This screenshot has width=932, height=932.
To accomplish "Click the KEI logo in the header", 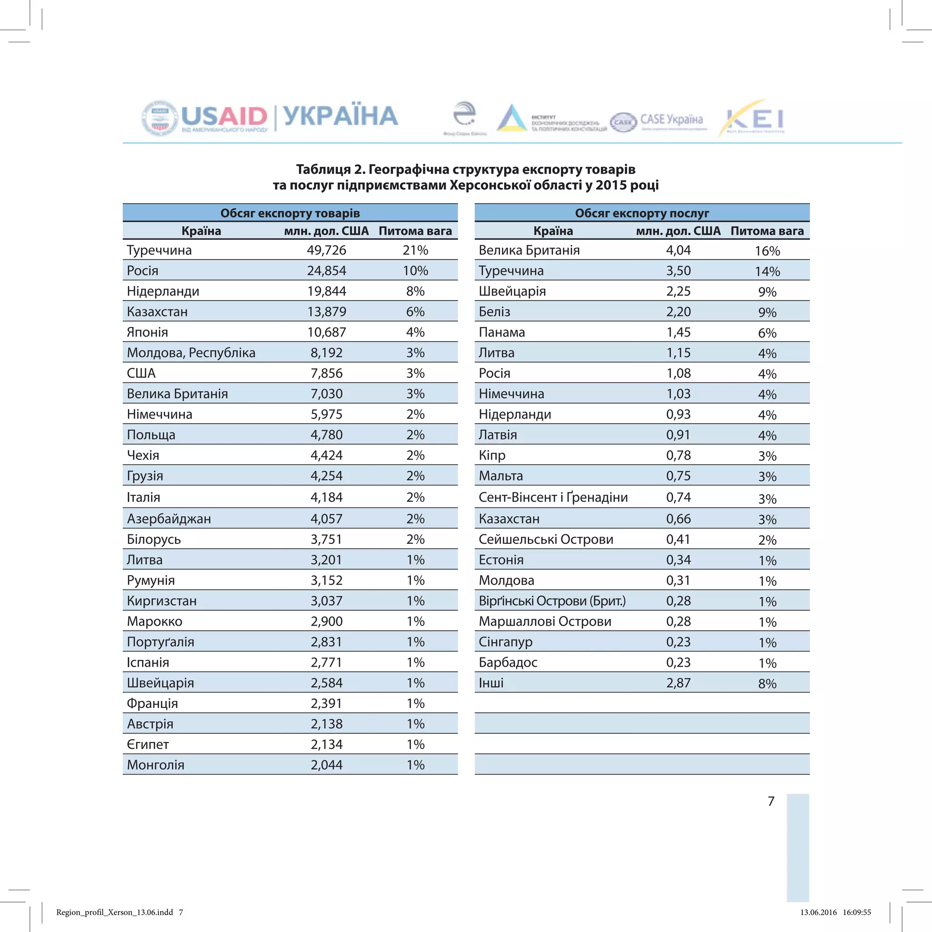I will coord(754,119).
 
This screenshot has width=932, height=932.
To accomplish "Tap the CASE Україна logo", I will coord(658,121).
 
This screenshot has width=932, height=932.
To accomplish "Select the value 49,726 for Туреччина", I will coord(327,250).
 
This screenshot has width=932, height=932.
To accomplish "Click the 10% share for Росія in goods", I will coord(415,271).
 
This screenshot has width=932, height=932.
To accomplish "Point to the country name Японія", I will coord(147,332).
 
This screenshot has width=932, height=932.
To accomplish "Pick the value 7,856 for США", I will coord(327,373).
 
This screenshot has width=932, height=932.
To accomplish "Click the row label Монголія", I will coord(156,765).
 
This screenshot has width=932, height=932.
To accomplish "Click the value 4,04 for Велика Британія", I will coord(678,250).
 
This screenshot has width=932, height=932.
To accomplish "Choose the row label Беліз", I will coord(495,312).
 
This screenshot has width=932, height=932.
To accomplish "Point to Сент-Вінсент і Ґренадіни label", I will coord(553,497).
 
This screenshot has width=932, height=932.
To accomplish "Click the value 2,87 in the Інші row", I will coord(678,683).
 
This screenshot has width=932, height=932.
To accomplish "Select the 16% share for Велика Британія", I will coord(767,251).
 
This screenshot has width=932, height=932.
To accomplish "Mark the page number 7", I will coord(771,801).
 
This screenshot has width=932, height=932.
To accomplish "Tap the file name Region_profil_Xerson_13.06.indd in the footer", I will coord(114,912).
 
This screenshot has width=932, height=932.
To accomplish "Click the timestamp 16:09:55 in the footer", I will coord(857,912).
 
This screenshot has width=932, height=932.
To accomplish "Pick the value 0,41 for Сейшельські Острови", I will coord(678,539).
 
